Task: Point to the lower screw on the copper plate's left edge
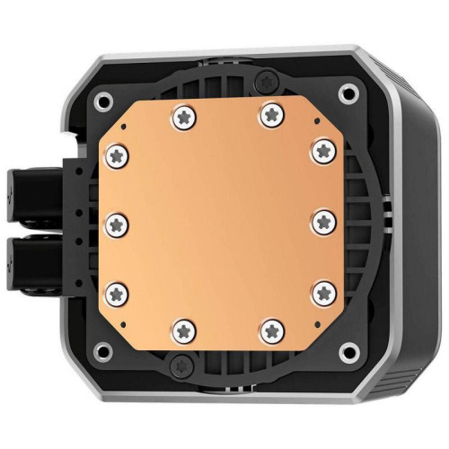point(116,288)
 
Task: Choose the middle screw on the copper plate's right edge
point(323,218)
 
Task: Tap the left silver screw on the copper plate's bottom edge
point(184,329)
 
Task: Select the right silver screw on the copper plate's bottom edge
point(270,330)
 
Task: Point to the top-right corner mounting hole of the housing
point(347,92)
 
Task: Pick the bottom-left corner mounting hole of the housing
point(105,347)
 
